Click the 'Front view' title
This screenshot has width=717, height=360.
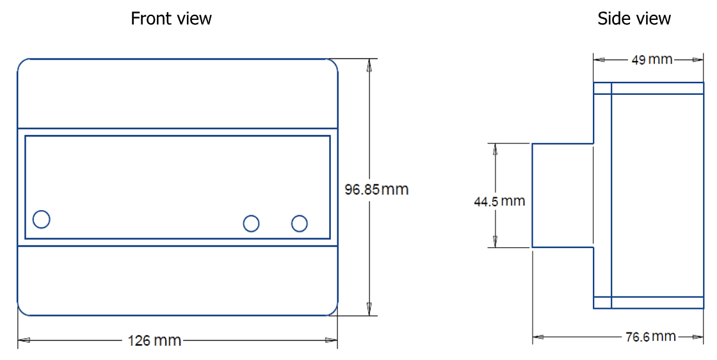[x=171, y=19]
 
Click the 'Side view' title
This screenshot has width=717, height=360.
[x=634, y=19]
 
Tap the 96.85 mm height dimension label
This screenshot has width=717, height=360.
[x=376, y=190]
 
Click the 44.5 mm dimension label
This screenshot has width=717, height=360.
[x=499, y=201]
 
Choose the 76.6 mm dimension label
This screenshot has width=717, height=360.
[x=650, y=336]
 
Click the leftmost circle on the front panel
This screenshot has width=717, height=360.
[x=41, y=219]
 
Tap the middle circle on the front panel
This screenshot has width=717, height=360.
[x=252, y=224]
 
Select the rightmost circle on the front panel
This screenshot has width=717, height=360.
[x=299, y=224]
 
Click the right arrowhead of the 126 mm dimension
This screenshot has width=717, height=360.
[x=331, y=340]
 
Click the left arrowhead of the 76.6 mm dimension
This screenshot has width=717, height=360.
[x=538, y=336]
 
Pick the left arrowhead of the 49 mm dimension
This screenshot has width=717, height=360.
[x=600, y=60]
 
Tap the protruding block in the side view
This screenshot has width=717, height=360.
[x=563, y=195]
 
